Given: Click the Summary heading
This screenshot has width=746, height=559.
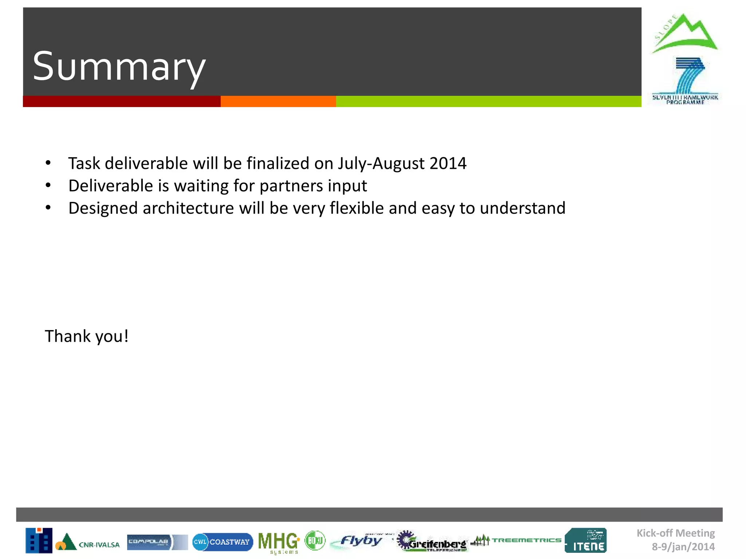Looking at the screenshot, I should (119, 67).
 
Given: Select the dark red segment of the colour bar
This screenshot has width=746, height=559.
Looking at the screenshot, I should (122, 102).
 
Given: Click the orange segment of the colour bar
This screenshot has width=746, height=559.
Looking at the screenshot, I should (278, 102).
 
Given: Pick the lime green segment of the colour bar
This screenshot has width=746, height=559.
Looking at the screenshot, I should (488, 102).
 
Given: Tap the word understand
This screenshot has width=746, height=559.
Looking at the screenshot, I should (522, 209).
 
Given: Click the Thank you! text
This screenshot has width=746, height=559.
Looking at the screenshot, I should (87, 336).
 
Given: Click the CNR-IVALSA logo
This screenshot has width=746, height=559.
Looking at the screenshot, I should (87, 542).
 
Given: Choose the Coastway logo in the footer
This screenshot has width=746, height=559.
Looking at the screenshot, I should (223, 542).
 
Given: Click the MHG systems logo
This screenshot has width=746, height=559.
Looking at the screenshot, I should (279, 542).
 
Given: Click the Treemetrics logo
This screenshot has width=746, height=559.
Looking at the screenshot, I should (517, 540).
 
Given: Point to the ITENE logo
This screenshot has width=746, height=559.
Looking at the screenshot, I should (586, 541).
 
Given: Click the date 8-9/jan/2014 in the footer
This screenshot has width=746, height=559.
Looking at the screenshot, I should (683, 547).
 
